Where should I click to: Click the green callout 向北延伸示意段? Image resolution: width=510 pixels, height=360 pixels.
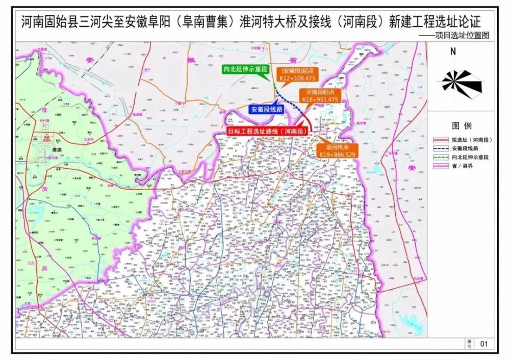(242, 68)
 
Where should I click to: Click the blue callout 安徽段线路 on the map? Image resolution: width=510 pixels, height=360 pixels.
(266, 109)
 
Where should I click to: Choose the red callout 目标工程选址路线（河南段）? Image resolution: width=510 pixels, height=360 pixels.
(268, 131)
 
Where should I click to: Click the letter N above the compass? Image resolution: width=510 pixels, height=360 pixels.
(453, 52)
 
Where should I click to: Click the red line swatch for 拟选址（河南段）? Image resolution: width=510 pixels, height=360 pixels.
(444, 139)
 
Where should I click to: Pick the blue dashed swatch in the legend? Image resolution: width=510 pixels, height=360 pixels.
(444, 148)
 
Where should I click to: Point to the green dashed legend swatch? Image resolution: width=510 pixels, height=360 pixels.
(444, 157)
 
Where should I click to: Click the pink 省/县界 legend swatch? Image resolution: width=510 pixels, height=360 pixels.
(444, 166)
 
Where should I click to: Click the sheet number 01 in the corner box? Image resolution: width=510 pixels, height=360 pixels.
(484, 344)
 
